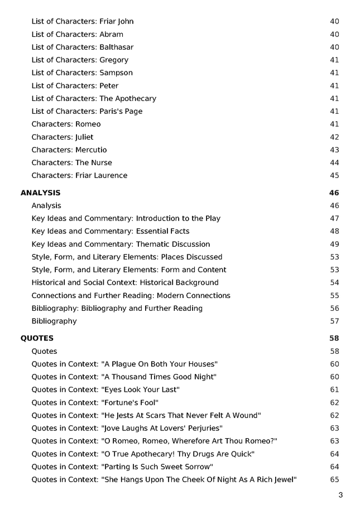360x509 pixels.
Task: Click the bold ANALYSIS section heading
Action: (40, 193)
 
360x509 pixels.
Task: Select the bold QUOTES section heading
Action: (37, 338)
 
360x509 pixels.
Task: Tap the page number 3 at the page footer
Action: (340, 495)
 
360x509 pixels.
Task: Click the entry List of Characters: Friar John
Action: (82, 21)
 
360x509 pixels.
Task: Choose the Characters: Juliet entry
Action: (62, 137)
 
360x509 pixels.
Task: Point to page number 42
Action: (334, 137)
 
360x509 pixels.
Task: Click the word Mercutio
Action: (91, 150)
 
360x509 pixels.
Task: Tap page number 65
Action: (334, 479)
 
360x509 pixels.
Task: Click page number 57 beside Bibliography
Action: (334, 321)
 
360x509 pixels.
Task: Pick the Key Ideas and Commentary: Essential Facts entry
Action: (110, 231)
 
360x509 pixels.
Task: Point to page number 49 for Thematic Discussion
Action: (334, 244)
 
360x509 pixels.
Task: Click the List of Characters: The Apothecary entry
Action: (93, 98)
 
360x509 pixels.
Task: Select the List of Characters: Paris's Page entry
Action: (87, 111)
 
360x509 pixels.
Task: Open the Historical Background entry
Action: (124, 282)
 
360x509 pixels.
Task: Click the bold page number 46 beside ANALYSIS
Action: (334, 193)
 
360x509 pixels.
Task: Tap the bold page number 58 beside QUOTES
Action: (334, 338)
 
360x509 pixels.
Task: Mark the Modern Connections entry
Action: (131, 295)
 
